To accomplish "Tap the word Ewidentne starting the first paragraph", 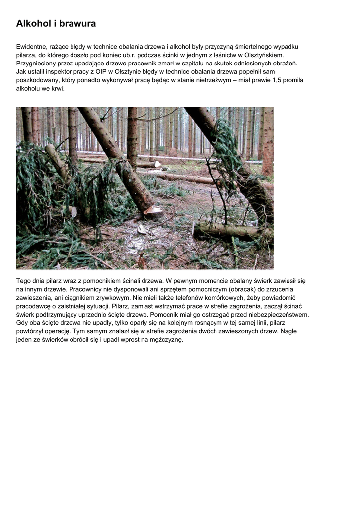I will [33, 47].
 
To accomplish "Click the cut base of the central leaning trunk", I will [152, 210].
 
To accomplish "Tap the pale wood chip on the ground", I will [143, 229].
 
